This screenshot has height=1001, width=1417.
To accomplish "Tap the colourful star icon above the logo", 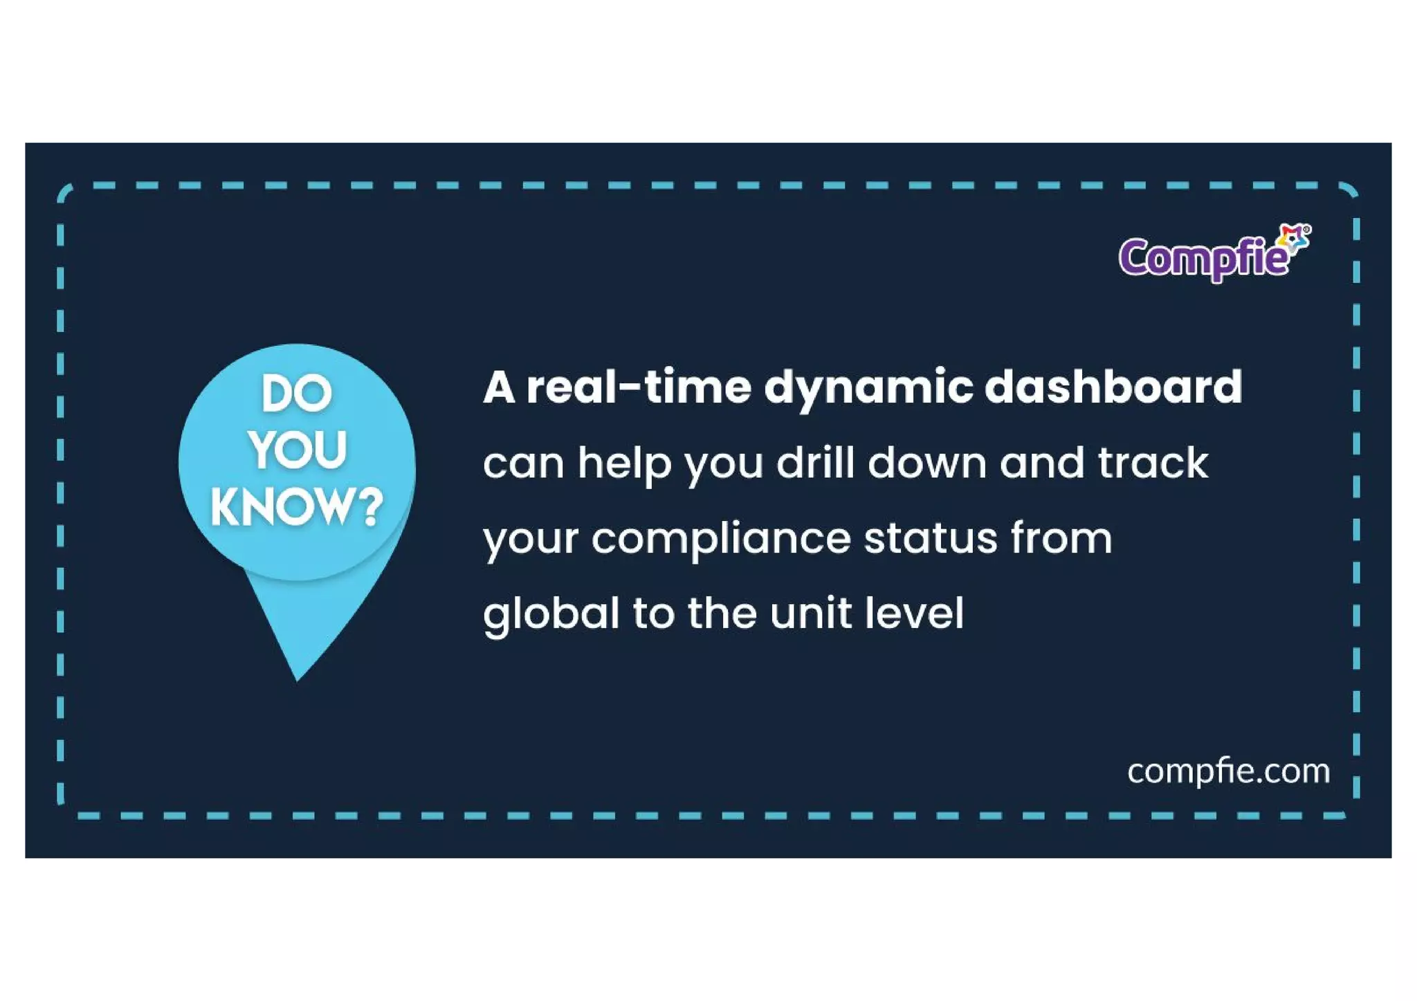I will pyautogui.click(x=1293, y=238).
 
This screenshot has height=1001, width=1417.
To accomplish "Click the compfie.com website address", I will pyautogui.click(x=1228, y=771).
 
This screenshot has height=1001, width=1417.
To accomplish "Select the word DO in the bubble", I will pyautogui.click(x=297, y=394).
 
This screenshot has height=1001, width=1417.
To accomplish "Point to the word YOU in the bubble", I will pyautogui.click(x=298, y=450).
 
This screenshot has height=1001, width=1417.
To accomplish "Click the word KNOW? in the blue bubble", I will pyautogui.click(x=297, y=507).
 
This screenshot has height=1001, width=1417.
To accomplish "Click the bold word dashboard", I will pyautogui.click(x=1113, y=387).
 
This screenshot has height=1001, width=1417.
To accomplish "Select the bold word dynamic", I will pyautogui.click(x=868, y=388).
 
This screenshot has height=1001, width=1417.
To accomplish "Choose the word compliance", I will pyautogui.click(x=720, y=539).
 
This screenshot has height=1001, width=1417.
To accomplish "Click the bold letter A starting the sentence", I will pyautogui.click(x=499, y=387).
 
